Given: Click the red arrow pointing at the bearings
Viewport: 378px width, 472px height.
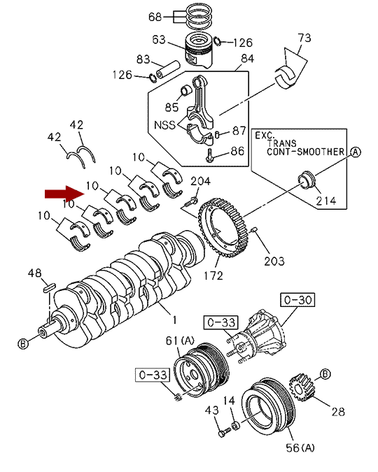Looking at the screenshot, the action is pyautogui.click(x=64, y=193).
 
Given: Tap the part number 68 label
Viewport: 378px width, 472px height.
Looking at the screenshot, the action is pyautogui.click(x=155, y=17).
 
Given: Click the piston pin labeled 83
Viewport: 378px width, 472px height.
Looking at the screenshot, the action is pyautogui.click(x=167, y=69).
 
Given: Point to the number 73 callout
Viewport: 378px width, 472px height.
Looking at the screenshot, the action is pyautogui.click(x=304, y=38).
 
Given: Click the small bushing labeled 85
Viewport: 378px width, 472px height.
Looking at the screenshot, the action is pyautogui.click(x=186, y=90).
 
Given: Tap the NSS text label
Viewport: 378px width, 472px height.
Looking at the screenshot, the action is pyautogui.click(x=164, y=124).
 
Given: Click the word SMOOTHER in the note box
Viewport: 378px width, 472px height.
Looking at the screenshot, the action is pyautogui.click(x=321, y=152).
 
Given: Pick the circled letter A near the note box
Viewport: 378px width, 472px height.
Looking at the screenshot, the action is pyautogui.click(x=356, y=152).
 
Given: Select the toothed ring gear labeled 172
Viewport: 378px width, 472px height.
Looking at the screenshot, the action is pyautogui.click(x=224, y=228).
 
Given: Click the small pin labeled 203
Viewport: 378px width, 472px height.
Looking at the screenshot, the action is pyautogui.click(x=254, y=230).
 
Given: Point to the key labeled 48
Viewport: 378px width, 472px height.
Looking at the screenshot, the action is pyautogui.click(x=49, y=287).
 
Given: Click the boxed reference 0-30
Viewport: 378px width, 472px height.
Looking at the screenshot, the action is pyautogui.click(x=297, y=300).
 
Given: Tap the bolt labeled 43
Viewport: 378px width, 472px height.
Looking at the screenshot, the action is pyautogui.click(x=224, y=433).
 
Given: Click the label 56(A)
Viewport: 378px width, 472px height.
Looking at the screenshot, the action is pyautogui.click(x=300, y=448).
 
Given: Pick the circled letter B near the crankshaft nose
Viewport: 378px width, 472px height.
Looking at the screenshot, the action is pyautogui.click(x=23, y=343).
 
